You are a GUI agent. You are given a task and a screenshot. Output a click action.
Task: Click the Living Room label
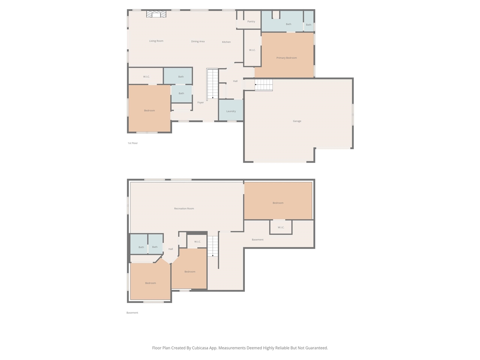[x=156, y=41]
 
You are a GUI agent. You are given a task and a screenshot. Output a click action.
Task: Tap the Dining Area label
[x=198, y=41]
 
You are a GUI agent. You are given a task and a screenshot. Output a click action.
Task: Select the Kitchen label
[x=226, y=42]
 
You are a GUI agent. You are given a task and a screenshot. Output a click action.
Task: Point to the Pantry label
[x=251, y=21]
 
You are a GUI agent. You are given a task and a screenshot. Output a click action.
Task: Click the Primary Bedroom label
[x=286, y=58]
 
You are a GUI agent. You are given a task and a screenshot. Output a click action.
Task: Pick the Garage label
[x=297, y=121]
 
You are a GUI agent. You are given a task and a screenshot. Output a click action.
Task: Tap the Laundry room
[x=231, y=111]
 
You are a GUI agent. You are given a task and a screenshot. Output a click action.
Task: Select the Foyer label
[x=201, y=102]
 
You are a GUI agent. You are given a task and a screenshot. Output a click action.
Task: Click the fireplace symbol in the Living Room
[x=156, y=14]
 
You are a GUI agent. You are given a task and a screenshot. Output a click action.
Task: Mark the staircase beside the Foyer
[x=213, y=84]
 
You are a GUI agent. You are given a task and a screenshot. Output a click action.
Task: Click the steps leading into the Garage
[x=264, y=85]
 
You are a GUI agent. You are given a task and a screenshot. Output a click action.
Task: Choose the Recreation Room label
[x=184, y=208]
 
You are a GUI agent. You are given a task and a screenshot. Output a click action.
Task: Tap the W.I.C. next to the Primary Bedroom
[x=252, y=50]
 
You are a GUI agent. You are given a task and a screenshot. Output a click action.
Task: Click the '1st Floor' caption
[x=133, y=143]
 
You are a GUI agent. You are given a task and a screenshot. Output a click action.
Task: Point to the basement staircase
[x=213, y=246]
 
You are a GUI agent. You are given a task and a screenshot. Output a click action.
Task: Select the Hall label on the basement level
[x=171, y=249]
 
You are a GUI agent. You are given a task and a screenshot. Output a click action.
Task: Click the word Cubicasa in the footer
[x=200, y=348]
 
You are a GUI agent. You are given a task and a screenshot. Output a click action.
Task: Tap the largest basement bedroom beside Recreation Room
[x=278, y=203]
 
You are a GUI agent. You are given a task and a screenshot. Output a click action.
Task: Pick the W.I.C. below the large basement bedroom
[x=281, y=227]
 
